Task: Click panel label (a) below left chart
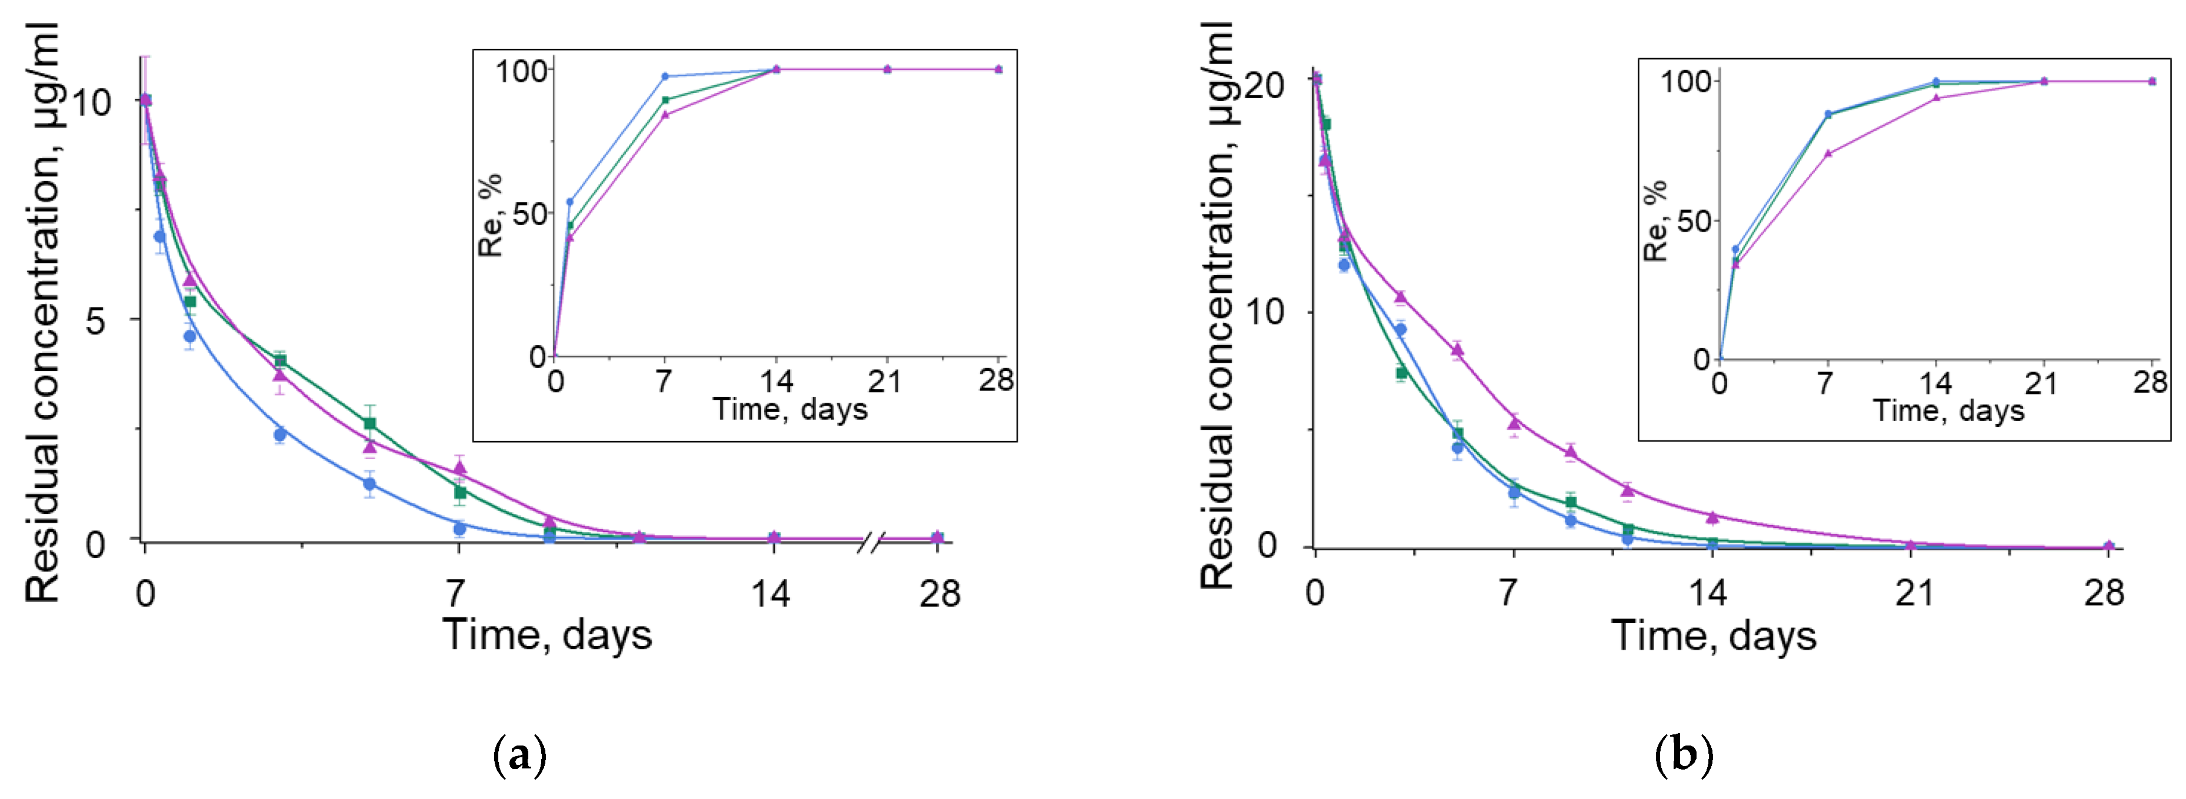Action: (519, 754)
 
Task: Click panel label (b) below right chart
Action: (1684, 754)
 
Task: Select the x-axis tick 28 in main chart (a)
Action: (938, 594)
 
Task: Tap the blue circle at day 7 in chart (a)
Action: (459, 529)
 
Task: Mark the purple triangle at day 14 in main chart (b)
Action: (1712, 517)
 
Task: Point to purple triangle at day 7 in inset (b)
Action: (1828, 153)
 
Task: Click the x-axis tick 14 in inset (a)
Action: (775, 381)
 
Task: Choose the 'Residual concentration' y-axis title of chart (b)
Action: (1217, 305)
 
